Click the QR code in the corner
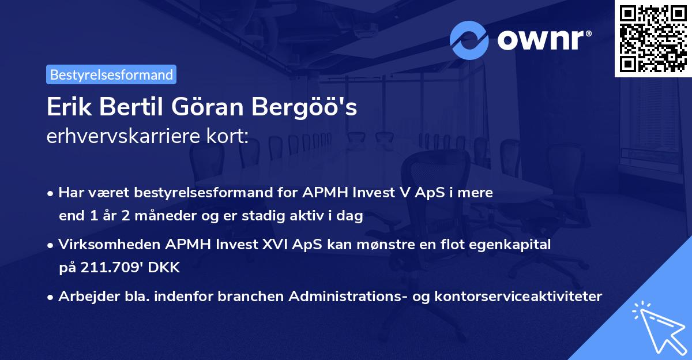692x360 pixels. (653, 39)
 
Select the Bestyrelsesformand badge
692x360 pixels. (111, 74)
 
